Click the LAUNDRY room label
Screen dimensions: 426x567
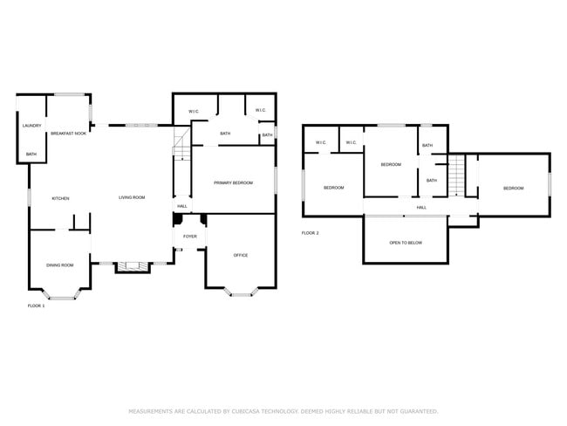[x=31, y=126]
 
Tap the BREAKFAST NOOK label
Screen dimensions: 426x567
[x=68, y=134]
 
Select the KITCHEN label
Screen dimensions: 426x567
[x=60, y=198]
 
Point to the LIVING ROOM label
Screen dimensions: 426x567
[x=132, y=198]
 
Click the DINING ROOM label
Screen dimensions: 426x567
[x=60, y=265]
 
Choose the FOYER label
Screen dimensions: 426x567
[x=189, y=237]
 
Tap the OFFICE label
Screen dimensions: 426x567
[x=241, y=256]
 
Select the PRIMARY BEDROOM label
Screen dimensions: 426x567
[x=233, y=182]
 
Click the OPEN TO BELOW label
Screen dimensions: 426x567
[x=406, y=243]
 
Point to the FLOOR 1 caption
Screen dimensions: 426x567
[x=36, y=306]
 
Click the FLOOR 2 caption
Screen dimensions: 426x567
[x=311, y=233]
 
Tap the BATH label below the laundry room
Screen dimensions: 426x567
[x=31, y=155]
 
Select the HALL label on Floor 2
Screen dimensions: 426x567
[x=421, y=208]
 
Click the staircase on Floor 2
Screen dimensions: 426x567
[x=455, y=175]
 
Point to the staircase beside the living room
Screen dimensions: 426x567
[x=181, y=144]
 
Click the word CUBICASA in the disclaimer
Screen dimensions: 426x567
[x=255, y=410]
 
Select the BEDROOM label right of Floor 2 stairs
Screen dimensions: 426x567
[x=513, y=189]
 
